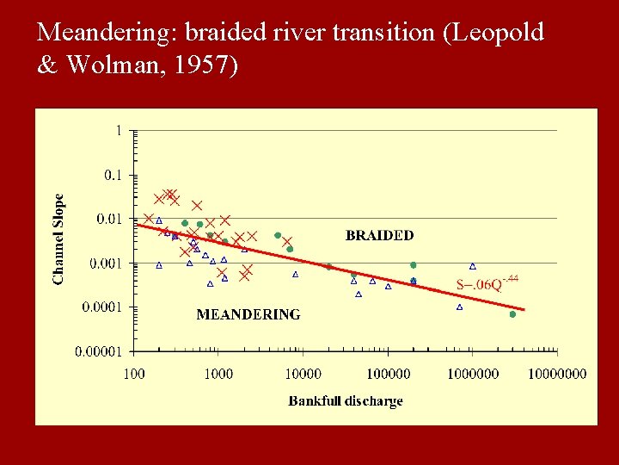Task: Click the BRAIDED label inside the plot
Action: click(379, 235)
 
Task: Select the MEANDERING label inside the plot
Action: click(248, 315)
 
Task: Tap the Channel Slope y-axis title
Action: click(58, 239)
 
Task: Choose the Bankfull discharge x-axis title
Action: click(346, 401)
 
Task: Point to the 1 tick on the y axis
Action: click(118, 131)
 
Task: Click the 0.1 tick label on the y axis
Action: click(113, 175)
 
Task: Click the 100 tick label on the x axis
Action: click(134, 373)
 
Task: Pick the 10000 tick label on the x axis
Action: click(303, 373)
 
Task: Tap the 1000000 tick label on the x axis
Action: click(472, 373)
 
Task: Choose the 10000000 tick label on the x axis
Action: click(556, 373)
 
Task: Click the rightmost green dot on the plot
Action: click(512, 314)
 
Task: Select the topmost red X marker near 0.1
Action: click(170, 194)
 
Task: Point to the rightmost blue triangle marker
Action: click(473, 267)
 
